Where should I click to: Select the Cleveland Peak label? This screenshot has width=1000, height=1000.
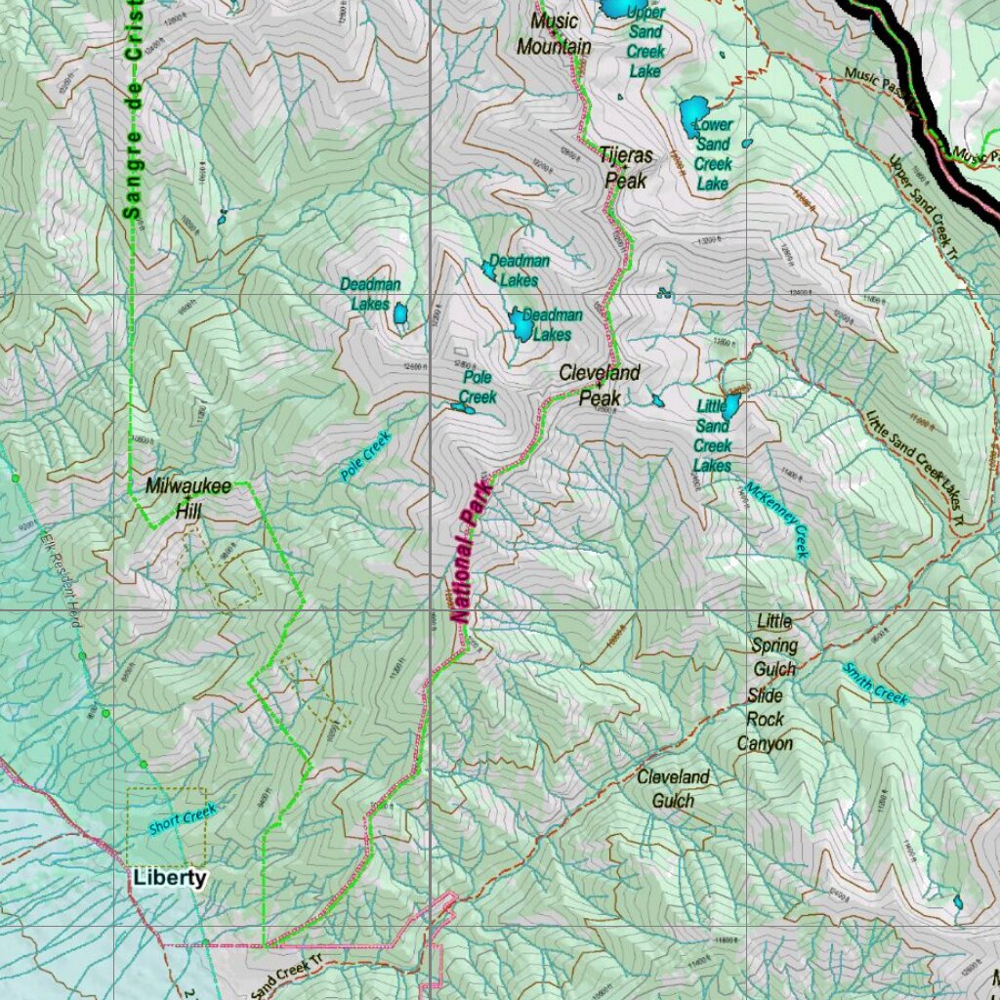(x=600, y=385)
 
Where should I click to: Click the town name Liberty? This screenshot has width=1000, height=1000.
(x=170, y=877)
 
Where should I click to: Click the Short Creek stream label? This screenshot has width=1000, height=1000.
(x=182, y=818)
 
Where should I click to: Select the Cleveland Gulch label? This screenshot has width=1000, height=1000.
(x=673, y=789)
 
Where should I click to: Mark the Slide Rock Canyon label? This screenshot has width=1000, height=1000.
(x=765, y=720)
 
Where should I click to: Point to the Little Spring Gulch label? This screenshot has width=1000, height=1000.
(x=773, y=646)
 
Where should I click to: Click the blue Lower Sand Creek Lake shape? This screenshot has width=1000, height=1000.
(x=694, y=116)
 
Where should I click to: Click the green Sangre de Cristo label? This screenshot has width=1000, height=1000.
(x=133, y=107)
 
